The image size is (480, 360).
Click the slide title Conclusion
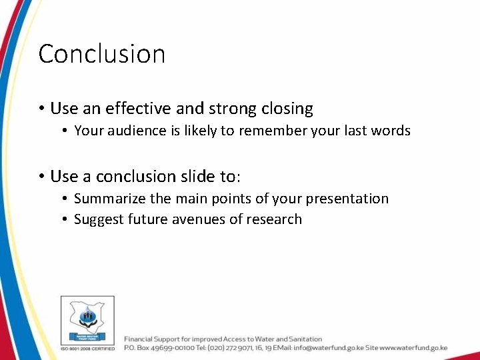point(101,54)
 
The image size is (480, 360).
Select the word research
point(275,219)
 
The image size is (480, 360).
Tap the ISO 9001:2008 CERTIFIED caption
point(87,348)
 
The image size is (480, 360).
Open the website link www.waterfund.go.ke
point(413,348)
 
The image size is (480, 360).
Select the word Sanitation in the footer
point(301,339)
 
